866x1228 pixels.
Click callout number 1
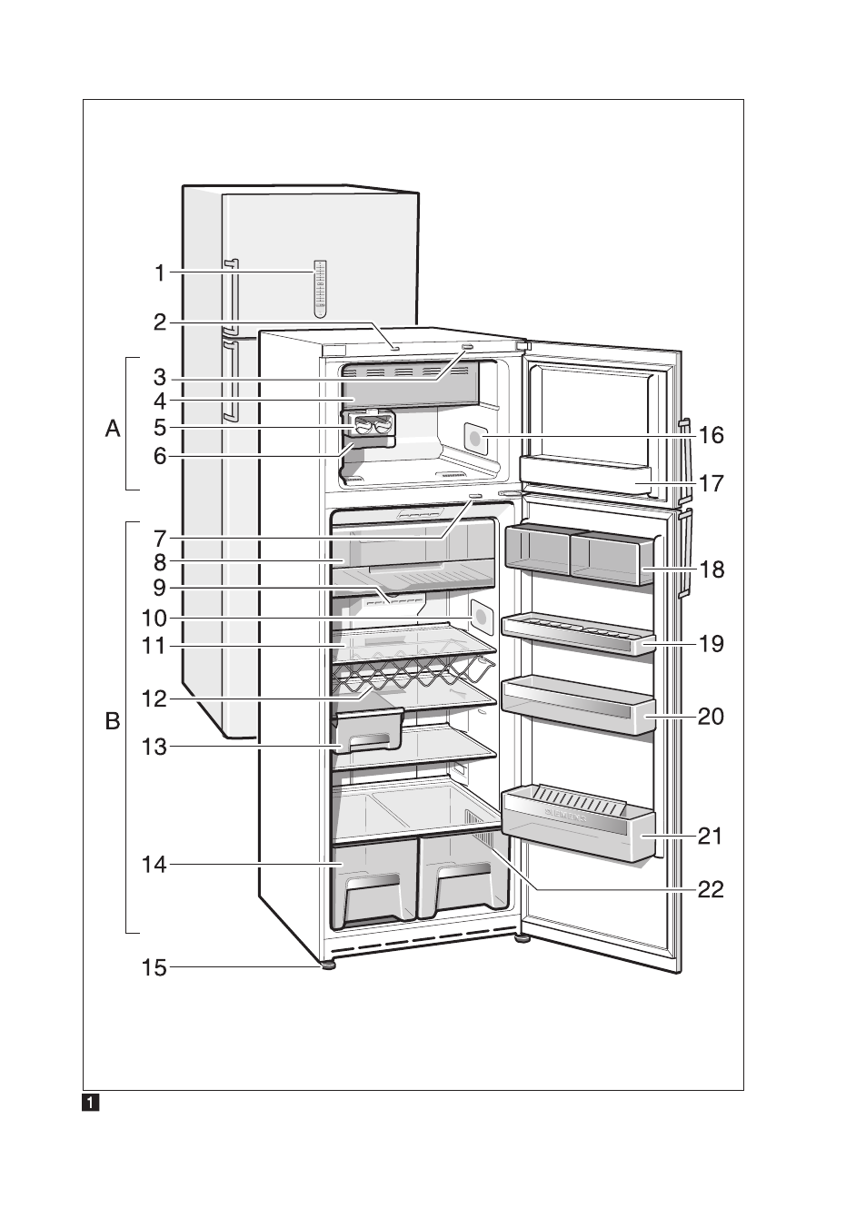[x=160, y=272]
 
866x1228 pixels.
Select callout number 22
[x=711, y=889]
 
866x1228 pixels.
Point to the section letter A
[x=113, y=429]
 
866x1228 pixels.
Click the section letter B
[x=113, y=721]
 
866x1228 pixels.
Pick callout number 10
[x=154, y=619]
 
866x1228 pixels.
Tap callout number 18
[x=712, y=569]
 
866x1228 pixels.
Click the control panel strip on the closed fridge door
[x=320, y=288]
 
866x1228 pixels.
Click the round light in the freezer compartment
[x=476, y=439]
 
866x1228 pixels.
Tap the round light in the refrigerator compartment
[x=481, y=618]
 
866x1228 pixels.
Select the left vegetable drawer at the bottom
[x=373, y=884]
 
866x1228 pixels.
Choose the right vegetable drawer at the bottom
[x=463, y=878]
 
